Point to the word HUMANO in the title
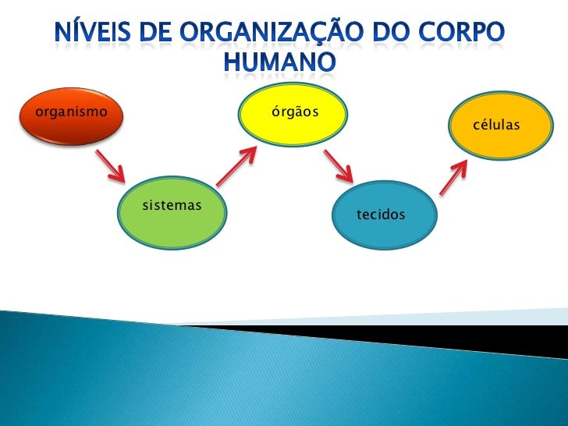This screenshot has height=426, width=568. [281, 62]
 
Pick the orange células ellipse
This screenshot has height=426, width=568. [496, 126]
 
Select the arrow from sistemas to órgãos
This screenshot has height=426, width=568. [236, 167]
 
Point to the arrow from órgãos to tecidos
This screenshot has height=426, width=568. [340, 167]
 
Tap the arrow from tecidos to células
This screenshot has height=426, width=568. [453, 177]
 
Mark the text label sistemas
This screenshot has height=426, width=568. [172, 206]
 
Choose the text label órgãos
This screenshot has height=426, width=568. [294, 112]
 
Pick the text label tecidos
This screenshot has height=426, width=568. [381, 214]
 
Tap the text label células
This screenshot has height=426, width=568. [496, 126]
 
